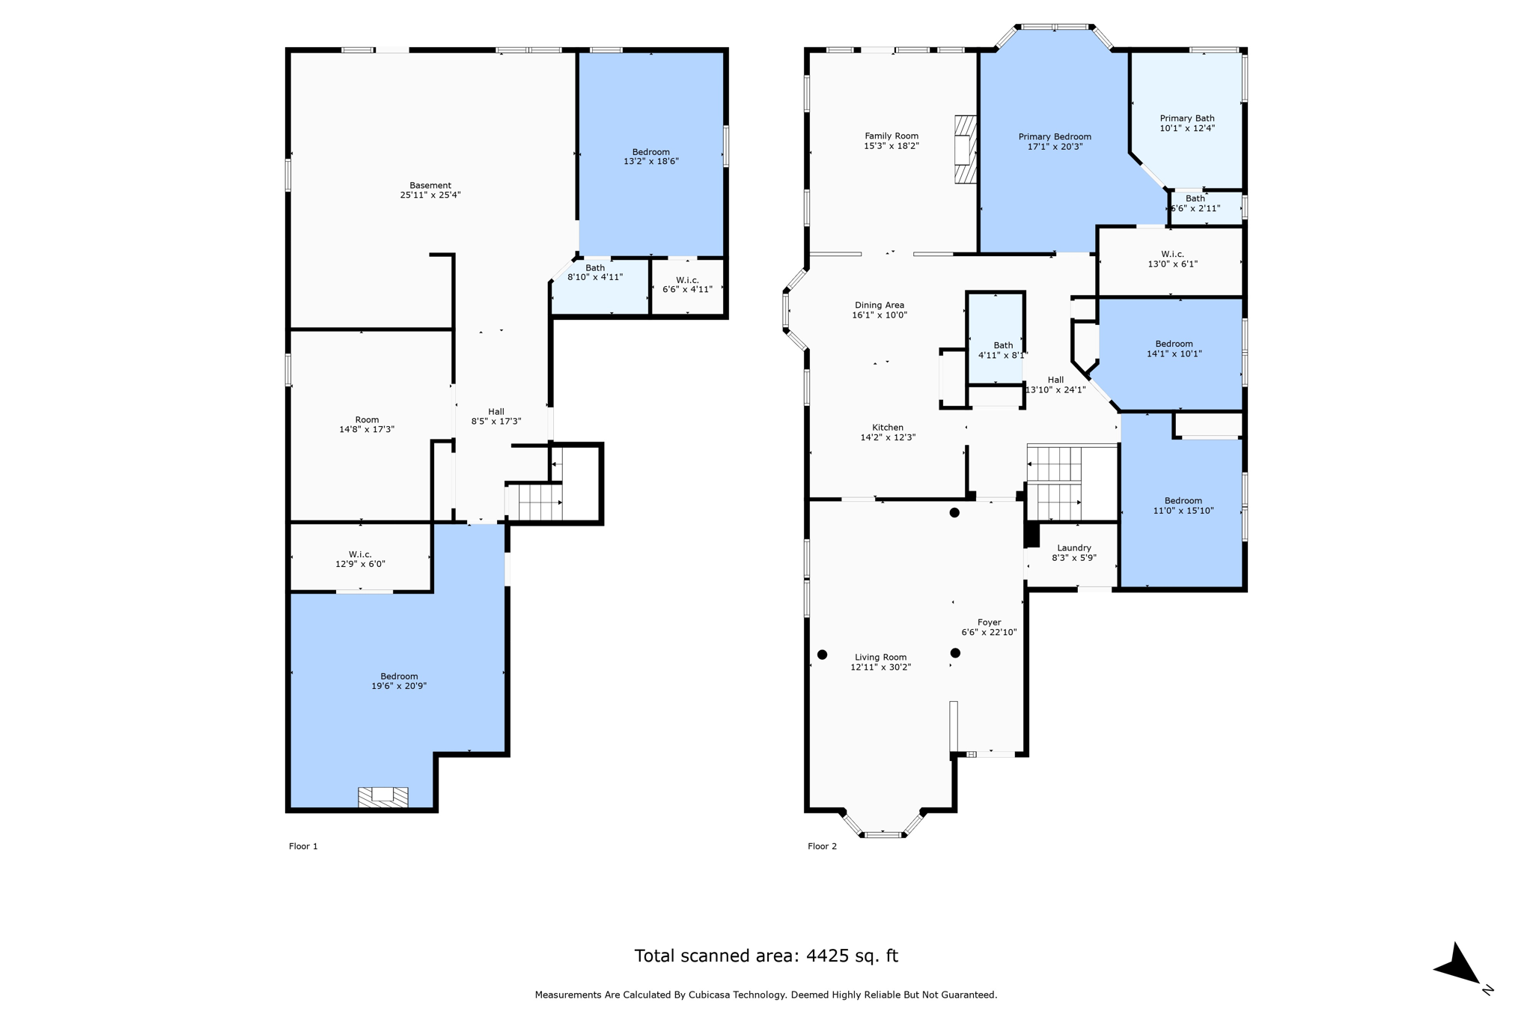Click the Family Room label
coord(891,136)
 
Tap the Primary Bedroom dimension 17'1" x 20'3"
coord(1055,147)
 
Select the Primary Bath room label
coord(1186,118)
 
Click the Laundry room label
coord(1073,548)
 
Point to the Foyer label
coord(989,622)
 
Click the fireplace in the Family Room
coord(965,149)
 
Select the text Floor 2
coord(822,846)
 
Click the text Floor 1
coord(303,846)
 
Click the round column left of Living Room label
coord(822,655)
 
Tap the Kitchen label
coord(887,428)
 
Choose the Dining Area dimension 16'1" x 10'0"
coord(879,315)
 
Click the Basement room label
coord(430,186)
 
